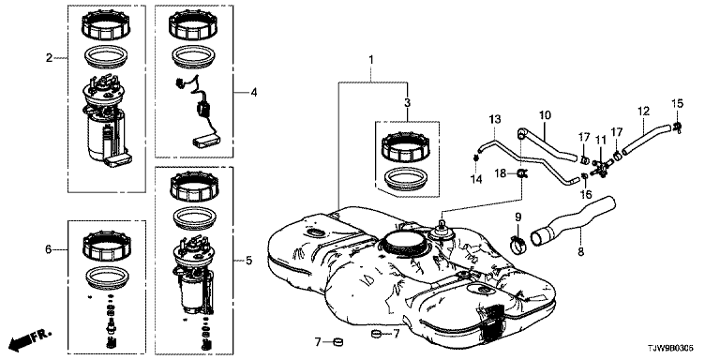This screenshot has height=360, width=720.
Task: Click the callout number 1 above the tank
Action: [371, 60]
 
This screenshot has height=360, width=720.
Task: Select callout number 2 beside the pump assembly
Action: [49, 58]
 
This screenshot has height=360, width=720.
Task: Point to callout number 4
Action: [254, 93]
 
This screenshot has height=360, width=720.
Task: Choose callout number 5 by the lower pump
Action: [248, 261]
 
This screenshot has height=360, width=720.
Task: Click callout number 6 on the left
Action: [49, 249]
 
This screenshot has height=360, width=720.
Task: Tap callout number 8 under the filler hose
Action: [581, 251]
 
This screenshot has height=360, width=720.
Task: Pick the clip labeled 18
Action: [522, 173]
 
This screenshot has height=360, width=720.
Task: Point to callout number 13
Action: [494, 120]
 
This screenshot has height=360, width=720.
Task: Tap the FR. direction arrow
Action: [30, 338]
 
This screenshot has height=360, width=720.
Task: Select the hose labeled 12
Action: [646, 135]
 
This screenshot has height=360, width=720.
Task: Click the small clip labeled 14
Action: [476, 158]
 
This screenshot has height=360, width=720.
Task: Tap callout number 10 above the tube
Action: [545, 114]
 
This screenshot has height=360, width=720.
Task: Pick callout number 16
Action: [585, 194]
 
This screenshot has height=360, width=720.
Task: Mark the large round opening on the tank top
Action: [404, 240]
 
